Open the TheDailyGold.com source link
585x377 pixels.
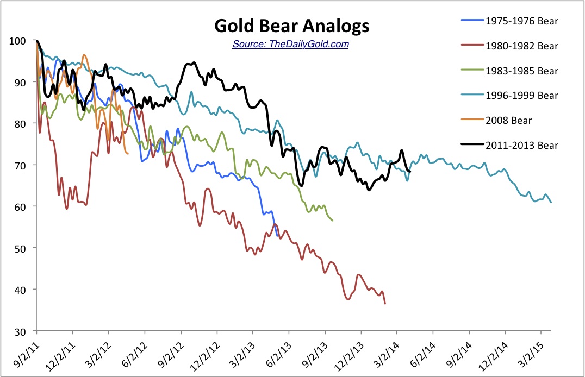pyautogui.click(x=290, y=43)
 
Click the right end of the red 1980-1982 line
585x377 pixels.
pyautogui.click(x=385, y=304)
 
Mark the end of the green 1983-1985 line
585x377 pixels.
pyautogui.click(x=333, y=220)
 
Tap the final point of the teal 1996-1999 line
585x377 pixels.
pyautogui.click(x=551, y=202)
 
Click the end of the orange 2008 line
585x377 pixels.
pyautogui.click(x=128, y=154)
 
